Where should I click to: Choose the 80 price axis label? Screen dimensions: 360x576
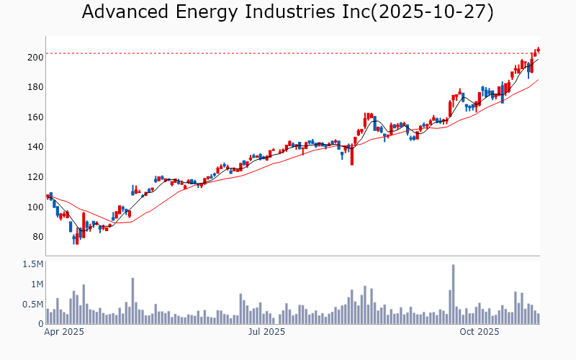coord(35,237)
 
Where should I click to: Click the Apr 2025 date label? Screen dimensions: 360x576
coord(65,332)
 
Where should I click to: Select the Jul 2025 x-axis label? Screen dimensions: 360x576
coord(267,332)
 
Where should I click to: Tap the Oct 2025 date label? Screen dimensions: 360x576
coord(480,332)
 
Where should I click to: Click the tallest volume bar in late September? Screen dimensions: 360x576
coord(454,294)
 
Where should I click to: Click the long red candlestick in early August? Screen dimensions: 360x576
coord(352,154)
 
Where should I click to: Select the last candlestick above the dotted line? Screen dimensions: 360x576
coord(538,49)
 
